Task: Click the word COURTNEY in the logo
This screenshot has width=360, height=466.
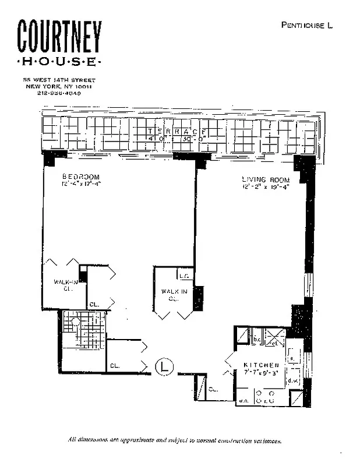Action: tap(59, 38)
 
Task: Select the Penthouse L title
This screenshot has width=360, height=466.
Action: tap(306, 25)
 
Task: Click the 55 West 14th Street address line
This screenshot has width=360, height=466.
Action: tap(59, 80)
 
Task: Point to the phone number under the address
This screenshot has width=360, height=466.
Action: tap(59, 93)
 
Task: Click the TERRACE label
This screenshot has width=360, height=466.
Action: tap(175, 132)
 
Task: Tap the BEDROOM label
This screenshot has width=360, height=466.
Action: tap(81, 176)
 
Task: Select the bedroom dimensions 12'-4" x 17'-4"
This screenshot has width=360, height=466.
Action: tap(81, 184)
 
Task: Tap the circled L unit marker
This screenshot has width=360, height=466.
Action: tap(165, 367)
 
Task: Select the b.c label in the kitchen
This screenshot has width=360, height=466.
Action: tap(256, 338)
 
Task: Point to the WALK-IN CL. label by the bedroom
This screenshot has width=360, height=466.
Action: tap(65, 285)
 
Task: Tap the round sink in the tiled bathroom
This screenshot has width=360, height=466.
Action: tap(75, 322)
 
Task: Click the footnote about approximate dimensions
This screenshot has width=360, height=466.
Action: tap(175, 441)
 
